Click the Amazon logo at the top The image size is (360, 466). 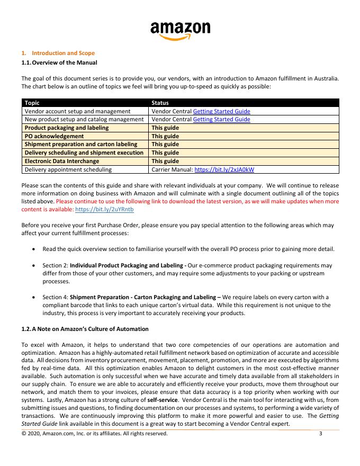(x=180, y=30)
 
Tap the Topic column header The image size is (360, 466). (x=32, y=103)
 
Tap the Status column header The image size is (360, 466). (x=160, y=103)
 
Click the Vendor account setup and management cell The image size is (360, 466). (x=77, y=111)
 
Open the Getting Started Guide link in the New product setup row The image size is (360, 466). (x=221, y=120)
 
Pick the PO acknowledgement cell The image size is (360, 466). (x=50, y=136)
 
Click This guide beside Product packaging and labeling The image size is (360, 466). (x=165, y=128)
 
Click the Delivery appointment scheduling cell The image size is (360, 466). (x=68, y=169)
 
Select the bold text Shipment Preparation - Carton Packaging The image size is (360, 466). (x=140, y=297)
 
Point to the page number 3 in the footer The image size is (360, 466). (x=321, y=434)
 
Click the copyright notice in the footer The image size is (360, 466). (x=94, y=434)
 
